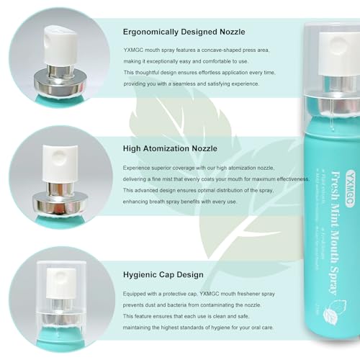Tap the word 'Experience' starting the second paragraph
tap(141, 166)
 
